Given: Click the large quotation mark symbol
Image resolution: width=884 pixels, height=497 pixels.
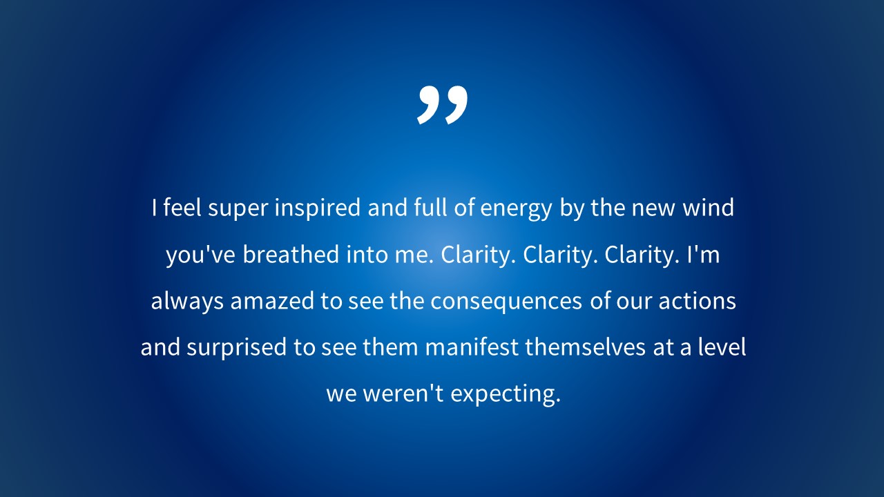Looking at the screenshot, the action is coord(442,105).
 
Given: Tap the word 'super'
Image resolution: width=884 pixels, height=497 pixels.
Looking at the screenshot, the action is coord(238,209).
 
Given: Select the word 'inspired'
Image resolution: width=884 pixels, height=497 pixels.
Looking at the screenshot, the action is coord(317,208).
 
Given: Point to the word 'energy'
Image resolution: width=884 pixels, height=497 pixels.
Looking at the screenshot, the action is coord(516,209).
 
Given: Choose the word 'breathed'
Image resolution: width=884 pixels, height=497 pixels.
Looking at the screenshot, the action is coord(291,254).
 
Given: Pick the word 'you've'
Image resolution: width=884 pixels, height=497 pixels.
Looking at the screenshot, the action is coord(200,255).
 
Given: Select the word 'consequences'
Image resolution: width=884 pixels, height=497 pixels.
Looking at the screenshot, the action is coord(506,302).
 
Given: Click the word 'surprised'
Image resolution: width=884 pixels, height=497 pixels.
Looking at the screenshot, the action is coord(236,348).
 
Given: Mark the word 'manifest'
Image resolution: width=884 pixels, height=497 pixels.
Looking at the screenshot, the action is coord(472,347).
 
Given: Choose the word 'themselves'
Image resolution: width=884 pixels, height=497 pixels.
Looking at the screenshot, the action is coord(585,347).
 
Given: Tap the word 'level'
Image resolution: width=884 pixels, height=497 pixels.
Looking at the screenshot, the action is coord(722,347).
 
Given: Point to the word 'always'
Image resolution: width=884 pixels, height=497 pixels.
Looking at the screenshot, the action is coord(187,302).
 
